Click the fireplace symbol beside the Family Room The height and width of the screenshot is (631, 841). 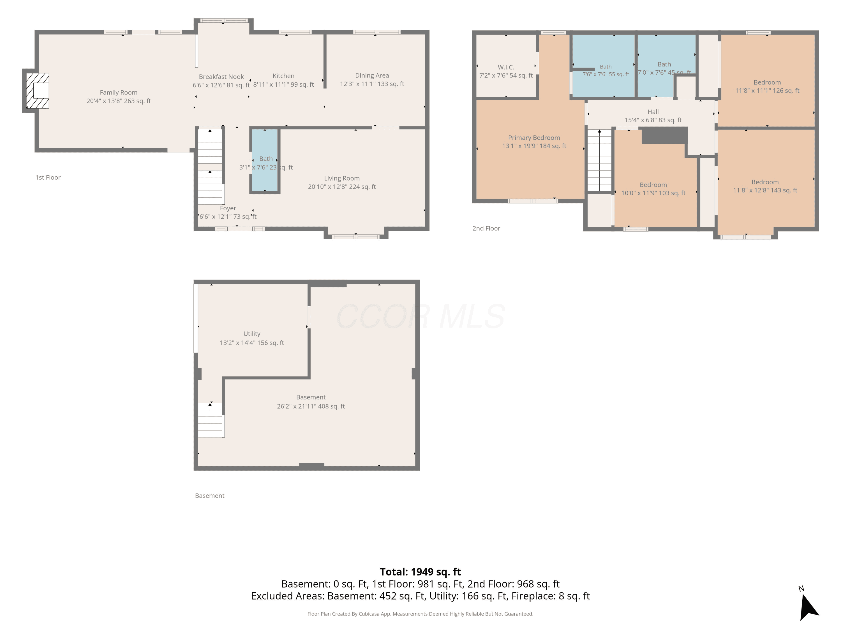37,91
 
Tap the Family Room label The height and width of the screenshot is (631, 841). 119,93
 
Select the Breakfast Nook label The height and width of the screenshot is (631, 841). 221,77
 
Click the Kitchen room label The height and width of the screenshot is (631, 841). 284,76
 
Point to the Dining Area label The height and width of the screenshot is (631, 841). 372,76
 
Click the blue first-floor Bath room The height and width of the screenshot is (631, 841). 265,160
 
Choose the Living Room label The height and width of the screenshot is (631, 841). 342,178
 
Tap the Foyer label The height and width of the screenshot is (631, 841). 228,208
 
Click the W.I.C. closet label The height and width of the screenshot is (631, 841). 506,67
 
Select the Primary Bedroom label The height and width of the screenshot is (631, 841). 534,138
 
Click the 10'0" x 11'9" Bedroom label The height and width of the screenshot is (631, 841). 653,185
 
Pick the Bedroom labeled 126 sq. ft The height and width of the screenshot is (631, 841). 767,82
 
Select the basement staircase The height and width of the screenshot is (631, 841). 210,420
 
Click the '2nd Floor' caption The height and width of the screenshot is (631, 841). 486,228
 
